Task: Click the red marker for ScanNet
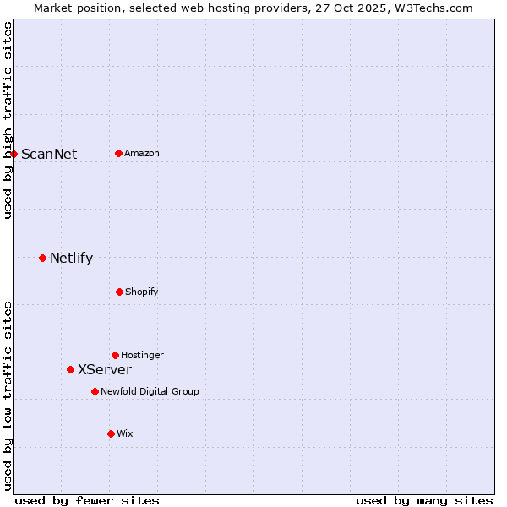pyautogui.click(x=14, y=154)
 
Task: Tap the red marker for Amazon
pyautogui.click(x=118, y=153)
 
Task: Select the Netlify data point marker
pyautogui.click(x=42, y=258)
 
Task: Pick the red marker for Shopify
pyautogui.click(x=119, y=292)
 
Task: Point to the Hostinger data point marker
pyautogui.click(x=115, y=355)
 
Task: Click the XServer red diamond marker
pyautogui.click(x=70, y=369)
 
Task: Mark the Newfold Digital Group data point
pyautogui.click(x=95, y=391)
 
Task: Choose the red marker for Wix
pyautogui.click(x=111, y=433)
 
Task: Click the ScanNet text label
pyautogui.click(x=49, y=154)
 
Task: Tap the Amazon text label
pyautogui.click(x=142, y=153)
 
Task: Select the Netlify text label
pyautogui.click(x=71, y=258)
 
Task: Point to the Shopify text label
pyautogui.click(x=142, y=292)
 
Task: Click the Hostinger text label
pyautogui.click(x=142, y=355)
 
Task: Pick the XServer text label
pyautogui.click(x=105, y=369)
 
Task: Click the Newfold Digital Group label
pyautogui.click(x=150, y=391)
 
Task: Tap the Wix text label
pyautogui.click(x=125, y=433)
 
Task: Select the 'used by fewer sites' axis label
pyautogui.click(x=87, y=500)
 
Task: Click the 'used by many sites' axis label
pyautogui.click(x=424, y=500)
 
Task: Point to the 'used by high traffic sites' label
pyautogui.click(x=8, y=120)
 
